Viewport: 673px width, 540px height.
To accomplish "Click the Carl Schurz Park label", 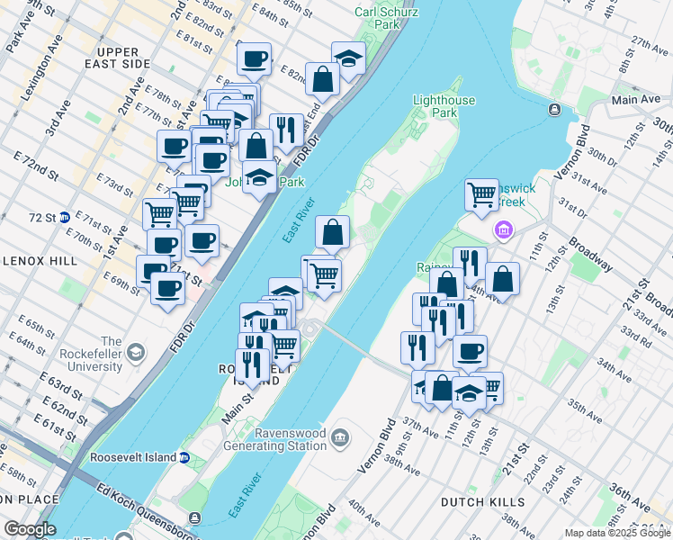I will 387,18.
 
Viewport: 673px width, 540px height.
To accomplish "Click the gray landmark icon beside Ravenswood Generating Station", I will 340,438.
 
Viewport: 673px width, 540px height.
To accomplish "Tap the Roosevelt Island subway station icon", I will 184,457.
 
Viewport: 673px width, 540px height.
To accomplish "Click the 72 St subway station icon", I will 64,217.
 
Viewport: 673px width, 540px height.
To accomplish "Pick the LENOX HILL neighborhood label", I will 31,261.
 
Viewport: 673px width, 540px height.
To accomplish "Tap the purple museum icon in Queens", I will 502,232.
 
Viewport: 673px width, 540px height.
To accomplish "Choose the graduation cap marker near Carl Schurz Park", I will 348,58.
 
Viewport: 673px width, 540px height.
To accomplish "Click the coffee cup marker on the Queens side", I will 469,351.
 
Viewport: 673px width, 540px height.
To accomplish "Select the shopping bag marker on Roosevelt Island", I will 332,232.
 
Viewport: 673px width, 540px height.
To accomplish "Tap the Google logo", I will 31,529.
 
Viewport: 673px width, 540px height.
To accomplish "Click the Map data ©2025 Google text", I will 616,533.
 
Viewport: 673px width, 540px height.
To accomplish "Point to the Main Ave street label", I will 635,99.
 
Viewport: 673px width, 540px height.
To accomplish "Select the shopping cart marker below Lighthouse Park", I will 481,193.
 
